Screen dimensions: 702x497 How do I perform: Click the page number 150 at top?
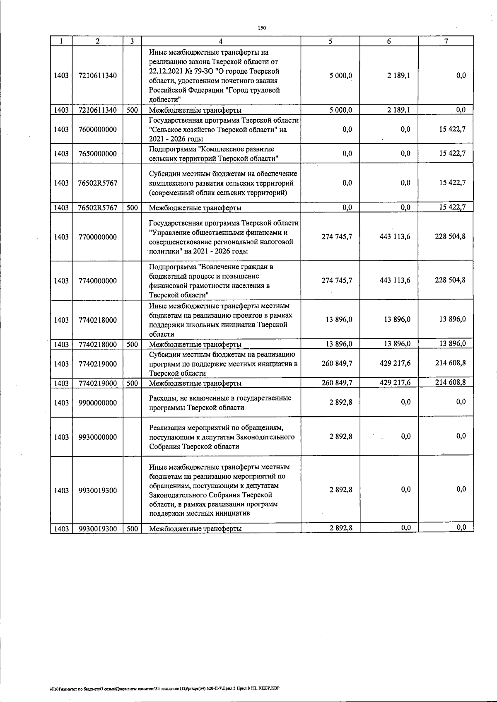click(261, 28)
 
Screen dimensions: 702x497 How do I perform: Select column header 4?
click(221, 41)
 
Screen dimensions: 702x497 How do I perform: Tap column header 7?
click(446, 41)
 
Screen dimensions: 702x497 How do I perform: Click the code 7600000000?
click(97, 129)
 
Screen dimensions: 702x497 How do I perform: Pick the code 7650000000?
click(97, 154)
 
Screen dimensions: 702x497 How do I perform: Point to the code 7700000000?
click(97, 237)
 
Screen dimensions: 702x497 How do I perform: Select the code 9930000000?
click(97, 437)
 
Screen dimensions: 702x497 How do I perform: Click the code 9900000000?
click(97, 403)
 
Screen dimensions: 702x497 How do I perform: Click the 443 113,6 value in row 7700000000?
click(395, 236)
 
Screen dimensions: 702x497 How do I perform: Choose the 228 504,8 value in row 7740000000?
click(450, 280)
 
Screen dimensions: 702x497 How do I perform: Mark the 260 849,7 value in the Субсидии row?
click(337, 364)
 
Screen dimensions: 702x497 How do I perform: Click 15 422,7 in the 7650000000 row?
click(452, 154)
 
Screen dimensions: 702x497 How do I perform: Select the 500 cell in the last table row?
click(132, 528)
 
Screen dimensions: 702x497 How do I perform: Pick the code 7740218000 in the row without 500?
click(97, 320)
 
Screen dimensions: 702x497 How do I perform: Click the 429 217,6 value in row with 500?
click(395, 383)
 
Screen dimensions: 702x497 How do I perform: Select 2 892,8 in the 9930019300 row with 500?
click(341, 528)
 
